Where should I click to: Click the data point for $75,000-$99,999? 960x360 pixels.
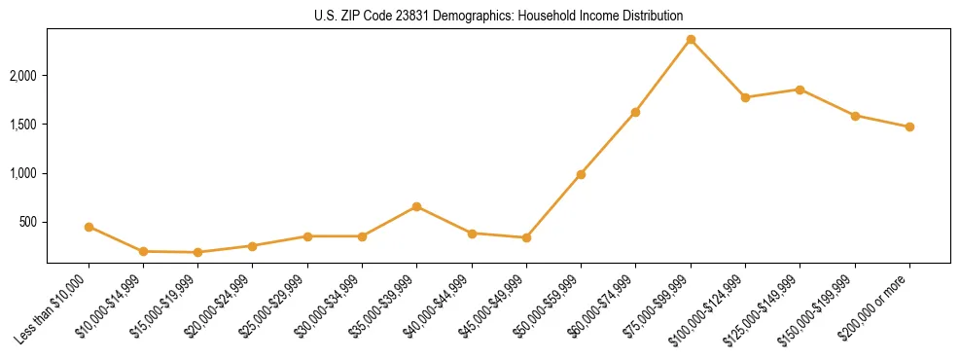pyautogui.click(x=691, y=40)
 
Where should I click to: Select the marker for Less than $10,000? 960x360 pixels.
pyautogui.click(x=89, y=227)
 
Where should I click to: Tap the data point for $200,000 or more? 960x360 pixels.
pyautogui.click(x=909, y=126)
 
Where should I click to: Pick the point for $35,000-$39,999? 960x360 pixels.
pyautogui.click(x=416, y=206)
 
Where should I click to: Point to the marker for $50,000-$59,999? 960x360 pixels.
pyautogui.click(x=581, y=174)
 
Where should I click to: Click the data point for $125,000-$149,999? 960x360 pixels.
pyautogui.click(x=800, y=90)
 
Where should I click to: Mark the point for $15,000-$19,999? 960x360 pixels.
pyautogui.click(x=198, y=252)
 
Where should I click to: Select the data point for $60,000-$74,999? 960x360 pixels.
pyautogui.click(x=635, y=112)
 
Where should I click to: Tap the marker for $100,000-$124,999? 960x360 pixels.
pyautogui.click(x=745, y=97)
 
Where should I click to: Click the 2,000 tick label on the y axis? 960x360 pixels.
pyautogui.click(x=23, y=76)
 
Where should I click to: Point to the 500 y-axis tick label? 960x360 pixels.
pyautogui.click(x=28, y=223)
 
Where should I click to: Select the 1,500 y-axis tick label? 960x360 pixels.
pyautogui.click(x=23, y=125)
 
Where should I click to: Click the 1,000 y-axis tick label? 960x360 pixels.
pyautogui.click(x=23, y=173)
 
